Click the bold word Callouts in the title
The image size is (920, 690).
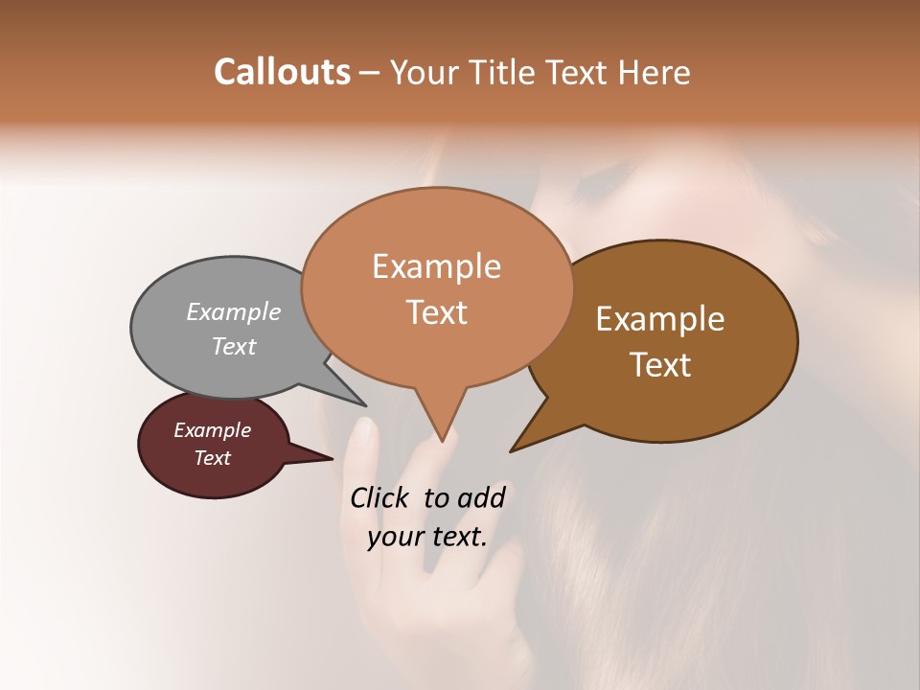click(x=282, y=72)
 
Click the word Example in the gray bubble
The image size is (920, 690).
click(x=234, y=311)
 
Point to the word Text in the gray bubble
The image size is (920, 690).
click(x=234, y=346)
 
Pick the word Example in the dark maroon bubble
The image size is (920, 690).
click(x=212, y=430)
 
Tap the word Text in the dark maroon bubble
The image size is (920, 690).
click(x=212, y=458)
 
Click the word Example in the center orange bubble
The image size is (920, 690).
click(x=436, y=266)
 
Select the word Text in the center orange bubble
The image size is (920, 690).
click(x=436, y=312)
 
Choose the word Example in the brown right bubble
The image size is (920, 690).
click(x=660, y=319)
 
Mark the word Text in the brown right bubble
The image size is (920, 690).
click(x=660, y=365)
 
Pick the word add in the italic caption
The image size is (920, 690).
click(x=482, y=497)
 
